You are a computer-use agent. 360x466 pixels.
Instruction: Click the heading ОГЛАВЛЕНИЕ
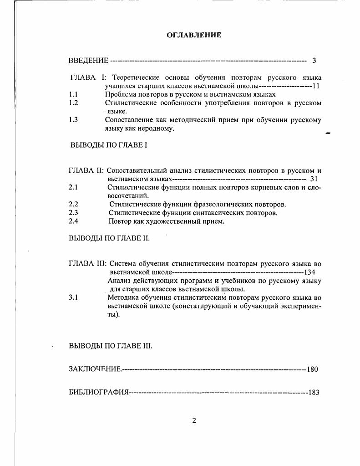click(194, 35)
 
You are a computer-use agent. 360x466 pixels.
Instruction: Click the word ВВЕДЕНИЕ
click(88, 61)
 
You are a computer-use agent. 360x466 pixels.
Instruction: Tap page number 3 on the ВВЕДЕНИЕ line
click(314, 61)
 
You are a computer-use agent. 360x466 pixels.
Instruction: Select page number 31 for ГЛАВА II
click(314, 179)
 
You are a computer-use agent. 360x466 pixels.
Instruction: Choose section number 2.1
click(73, 187)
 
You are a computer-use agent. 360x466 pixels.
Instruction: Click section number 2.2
click(73, 205)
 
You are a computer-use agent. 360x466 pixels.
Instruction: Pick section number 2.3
click(73, 213)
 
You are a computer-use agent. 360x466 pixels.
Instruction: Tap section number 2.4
click(73, 221)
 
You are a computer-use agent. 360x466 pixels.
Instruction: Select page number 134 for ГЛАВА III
click(310, 272)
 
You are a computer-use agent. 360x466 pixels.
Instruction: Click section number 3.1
click(73, 297)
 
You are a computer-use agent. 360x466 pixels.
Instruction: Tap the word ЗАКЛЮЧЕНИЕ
click(95, 369)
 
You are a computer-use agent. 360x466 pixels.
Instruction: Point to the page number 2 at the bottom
click(194, 420)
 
